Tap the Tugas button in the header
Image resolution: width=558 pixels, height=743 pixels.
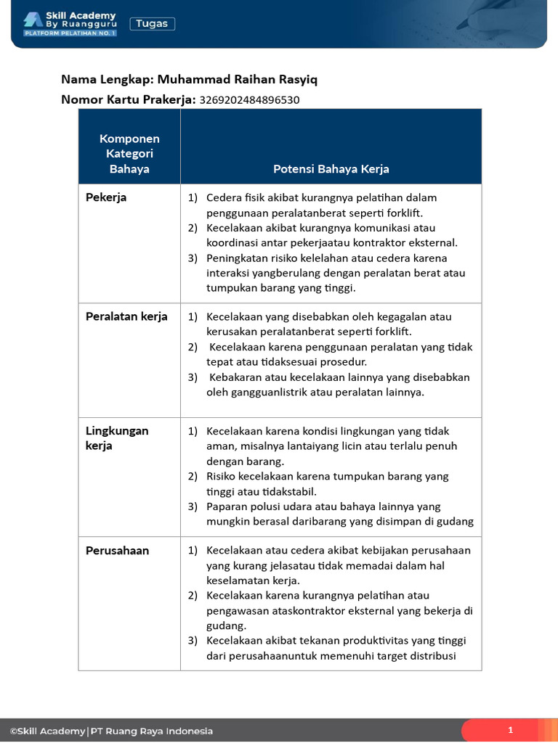(153, 24)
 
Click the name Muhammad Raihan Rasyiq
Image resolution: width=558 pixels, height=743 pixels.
(238, 79)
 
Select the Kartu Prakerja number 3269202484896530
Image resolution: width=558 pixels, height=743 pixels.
(249, 100)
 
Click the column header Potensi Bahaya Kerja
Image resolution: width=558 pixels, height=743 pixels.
(331, 169)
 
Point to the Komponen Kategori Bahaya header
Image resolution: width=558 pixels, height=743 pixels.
(129, 154)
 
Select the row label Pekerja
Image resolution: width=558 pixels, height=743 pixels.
(106, 197)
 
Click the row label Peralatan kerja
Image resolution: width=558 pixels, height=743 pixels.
(126, 316)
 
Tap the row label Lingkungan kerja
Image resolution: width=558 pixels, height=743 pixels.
(117, 438)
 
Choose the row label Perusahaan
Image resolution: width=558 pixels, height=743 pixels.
(117, 551)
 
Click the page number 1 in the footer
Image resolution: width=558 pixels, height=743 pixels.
(510, 730)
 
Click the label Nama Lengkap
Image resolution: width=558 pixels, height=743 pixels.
(107, 79)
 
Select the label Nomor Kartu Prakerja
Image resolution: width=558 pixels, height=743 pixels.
(128, 100)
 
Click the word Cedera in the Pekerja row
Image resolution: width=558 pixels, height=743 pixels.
(224, 197)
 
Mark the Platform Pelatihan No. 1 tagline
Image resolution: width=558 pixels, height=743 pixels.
(70, 33)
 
